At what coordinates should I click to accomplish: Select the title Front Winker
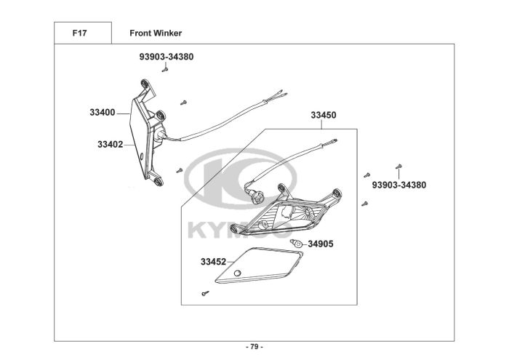[156, 33]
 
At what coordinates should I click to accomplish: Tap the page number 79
[254, 346]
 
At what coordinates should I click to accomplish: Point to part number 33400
[103, 113]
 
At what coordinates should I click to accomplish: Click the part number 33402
[111, 144]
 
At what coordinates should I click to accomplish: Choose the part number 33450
[324, 115]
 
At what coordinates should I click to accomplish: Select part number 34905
[321, 244]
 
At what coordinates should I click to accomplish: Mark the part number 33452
[214, 260]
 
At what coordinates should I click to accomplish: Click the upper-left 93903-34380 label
[167, 56]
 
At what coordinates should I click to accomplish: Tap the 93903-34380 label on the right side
[398, 185]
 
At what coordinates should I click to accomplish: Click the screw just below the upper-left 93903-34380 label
[167, 71]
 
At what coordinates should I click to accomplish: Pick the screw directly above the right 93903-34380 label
[398, 167]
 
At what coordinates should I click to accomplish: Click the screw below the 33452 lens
[205, 293]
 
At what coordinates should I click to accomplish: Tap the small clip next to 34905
[296, 242]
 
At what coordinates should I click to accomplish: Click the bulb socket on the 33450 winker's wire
[257, 194]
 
